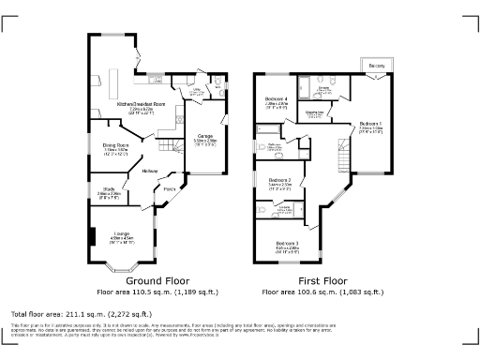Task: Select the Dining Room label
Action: (115, 146)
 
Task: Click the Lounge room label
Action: (121, 233)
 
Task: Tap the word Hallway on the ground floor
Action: (150, 171)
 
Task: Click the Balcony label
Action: (376, 66)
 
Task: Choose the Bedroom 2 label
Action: (279, 180)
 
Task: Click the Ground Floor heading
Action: (157, 280)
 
